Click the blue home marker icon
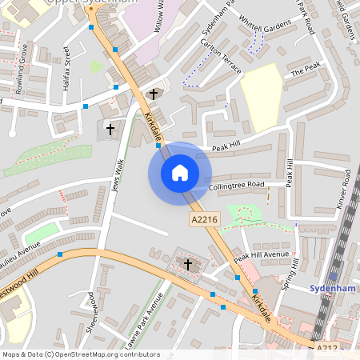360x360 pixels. pos(180,172)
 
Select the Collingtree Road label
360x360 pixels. pos(237,185)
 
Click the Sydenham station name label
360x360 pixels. pos(331,288)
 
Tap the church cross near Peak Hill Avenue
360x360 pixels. pos(188,264)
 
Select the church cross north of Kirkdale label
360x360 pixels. pos(153,94)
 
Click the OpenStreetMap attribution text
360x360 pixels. pos(81,354)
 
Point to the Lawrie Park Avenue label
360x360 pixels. pos(145,320)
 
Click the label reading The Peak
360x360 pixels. pos(305,72)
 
